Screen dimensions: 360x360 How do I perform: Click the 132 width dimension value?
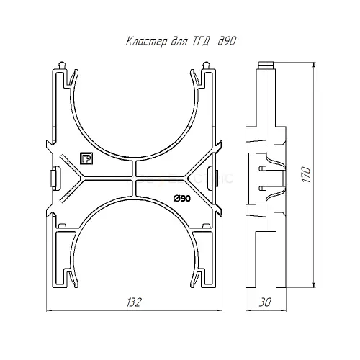[x=133, y=302]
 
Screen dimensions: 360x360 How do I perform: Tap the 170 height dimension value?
[x=307, y=174]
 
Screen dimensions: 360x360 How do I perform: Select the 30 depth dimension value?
[x=265, y=302]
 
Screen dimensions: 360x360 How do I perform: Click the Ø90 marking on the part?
[x=181, y=199]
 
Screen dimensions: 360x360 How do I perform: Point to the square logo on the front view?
[x=86, y=158]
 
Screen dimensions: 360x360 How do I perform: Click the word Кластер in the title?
[x=146, y=41]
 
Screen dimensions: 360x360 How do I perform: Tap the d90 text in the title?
[x=227, y=41]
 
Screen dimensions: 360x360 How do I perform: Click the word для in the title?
[x=179, y=42]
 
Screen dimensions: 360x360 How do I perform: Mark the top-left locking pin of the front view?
[x=62, y=66]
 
